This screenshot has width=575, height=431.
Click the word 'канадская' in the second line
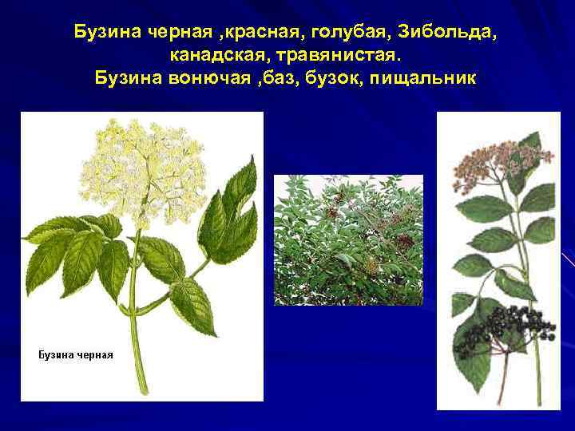pyautogui.click(x=215, y=56)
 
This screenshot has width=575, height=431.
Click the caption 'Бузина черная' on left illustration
pyautogui.click(x=76, y=354)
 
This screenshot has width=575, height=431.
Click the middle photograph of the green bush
pyautogui.click(x=348, y=240)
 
